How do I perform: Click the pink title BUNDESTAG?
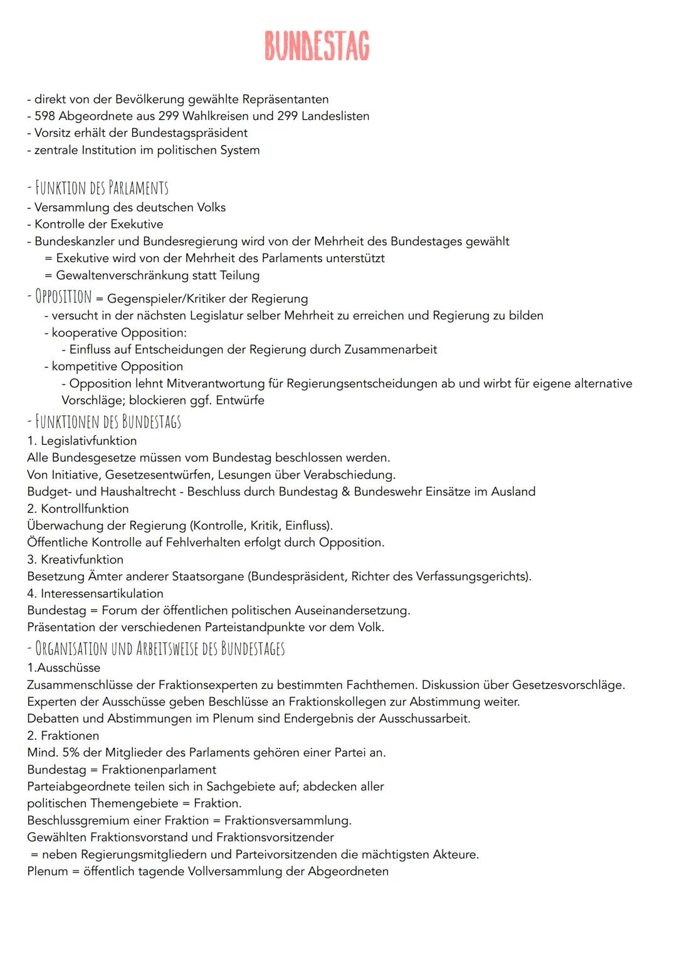coord(317,46)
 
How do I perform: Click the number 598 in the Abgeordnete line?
coord(45,116)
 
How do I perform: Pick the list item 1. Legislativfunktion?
coord(82,441)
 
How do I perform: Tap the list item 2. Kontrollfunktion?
coord(78,509)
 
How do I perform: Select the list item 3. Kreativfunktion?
coord(75,560)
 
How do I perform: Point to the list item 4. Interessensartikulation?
coord(95,593)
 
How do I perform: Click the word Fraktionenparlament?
coord(159,770)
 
